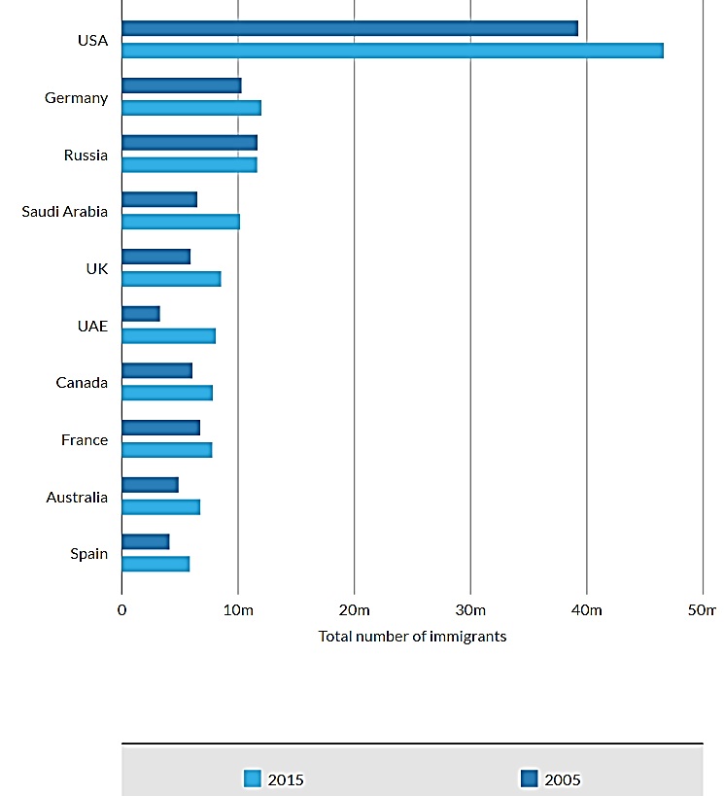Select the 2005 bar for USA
[x=350, y=28]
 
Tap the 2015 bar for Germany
[x=191, y=108]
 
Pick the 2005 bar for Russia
[x=190, y=143]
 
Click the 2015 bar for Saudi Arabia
[x=181, y=222]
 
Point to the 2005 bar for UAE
[x=141, y=314]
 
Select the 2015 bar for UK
[x=171, y=279]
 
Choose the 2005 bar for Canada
[x=157, y=370]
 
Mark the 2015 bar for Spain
[x=155, y=564]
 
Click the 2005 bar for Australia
[x=150, y=484]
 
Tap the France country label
[x=85, y=440]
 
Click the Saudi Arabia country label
[x=65, y=212]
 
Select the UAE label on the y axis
[x=92, y=327]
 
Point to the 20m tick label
[x=354, y=610]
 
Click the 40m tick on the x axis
[x=587, y=610]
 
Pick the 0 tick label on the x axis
[x=121, y=610]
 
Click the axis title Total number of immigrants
[x=412, y=637]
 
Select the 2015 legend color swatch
[x=253, y=778]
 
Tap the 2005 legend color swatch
[x=530, y=778]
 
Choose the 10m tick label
[x=238, y=610]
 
